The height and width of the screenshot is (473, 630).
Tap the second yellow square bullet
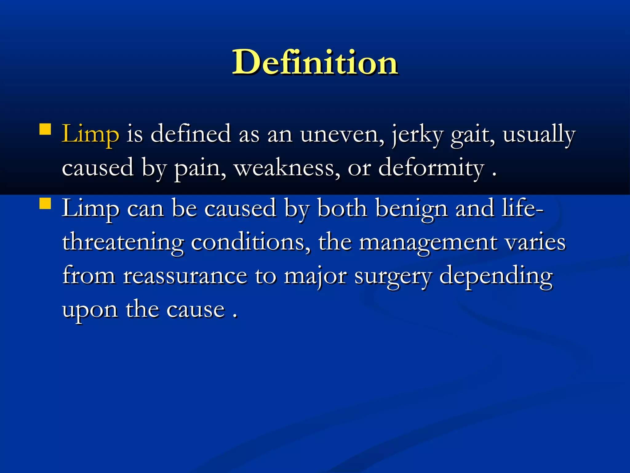point(45,204)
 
